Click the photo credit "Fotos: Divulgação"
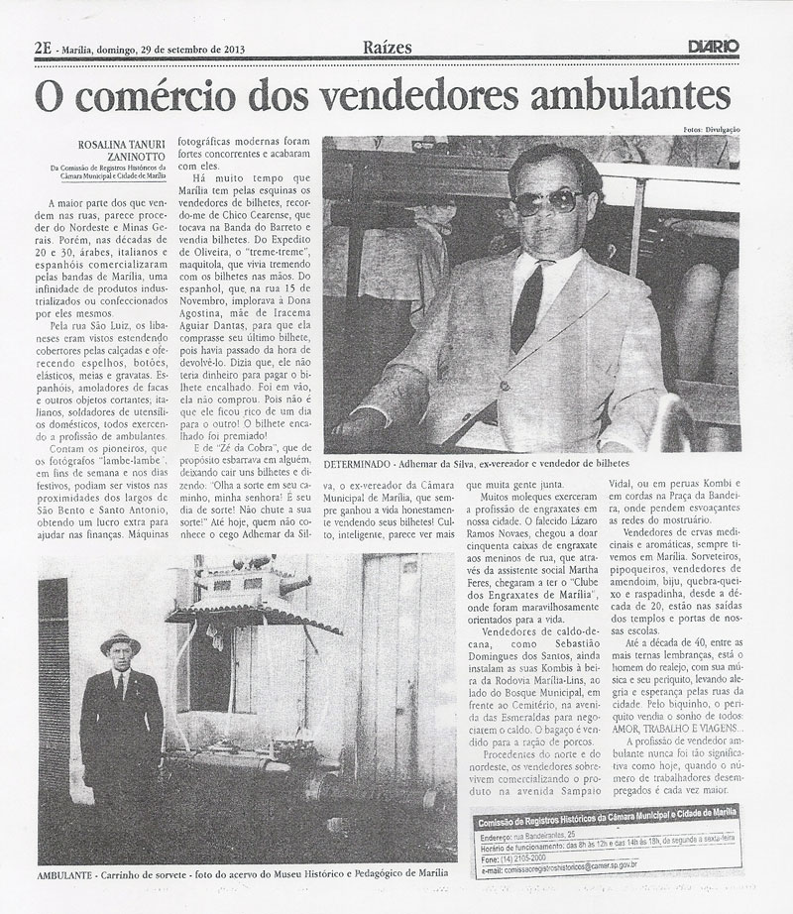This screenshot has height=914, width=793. point(711,130)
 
